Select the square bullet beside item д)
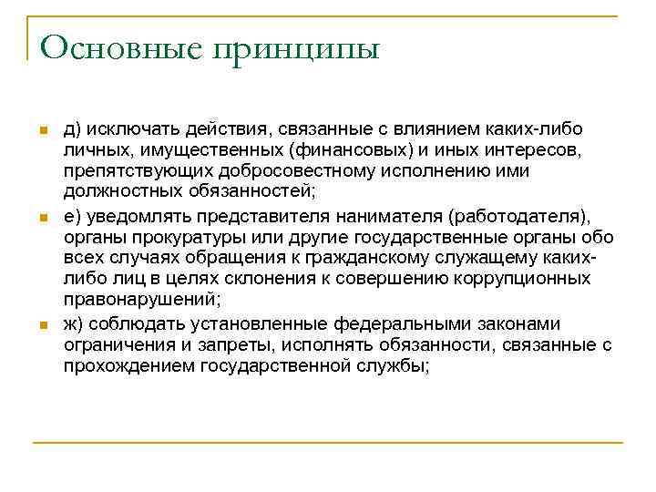coord(42,133)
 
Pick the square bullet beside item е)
coord(42,217)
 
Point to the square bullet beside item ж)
coord(42,325)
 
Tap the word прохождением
coord(118,365)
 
